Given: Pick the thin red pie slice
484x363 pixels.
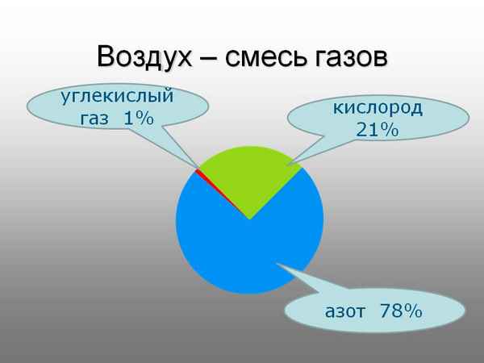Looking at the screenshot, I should tap(199, 173).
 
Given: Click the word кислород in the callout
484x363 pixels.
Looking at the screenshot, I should tap(378, 108).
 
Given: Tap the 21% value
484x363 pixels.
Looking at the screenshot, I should tap(378, 128).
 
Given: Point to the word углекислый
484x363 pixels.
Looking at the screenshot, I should tap(118, 98).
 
